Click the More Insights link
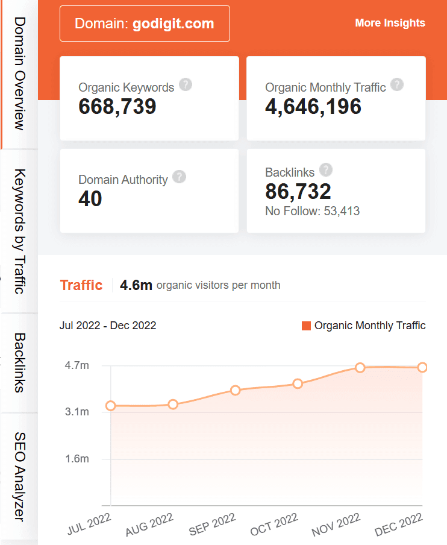(390, 23)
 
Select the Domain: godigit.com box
(145, 24)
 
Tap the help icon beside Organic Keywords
(186, 84)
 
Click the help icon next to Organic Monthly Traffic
(396, 84)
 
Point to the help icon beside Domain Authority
(179, 177)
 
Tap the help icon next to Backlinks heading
(326, 169)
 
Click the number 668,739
(117, 107)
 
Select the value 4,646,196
(313, 107)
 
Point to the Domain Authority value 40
(90, 199)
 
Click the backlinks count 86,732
(298, 192)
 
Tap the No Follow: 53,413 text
(313, 211)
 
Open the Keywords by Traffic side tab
(19, 231)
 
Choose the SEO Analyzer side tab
(19, 476)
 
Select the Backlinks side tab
(19, 362)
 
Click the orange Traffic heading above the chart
(81, 285)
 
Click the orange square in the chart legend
(306, 326)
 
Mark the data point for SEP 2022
(235, 390)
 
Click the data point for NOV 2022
(360, 367)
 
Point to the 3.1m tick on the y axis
(77, 412)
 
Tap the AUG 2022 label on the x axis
(150, 525)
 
